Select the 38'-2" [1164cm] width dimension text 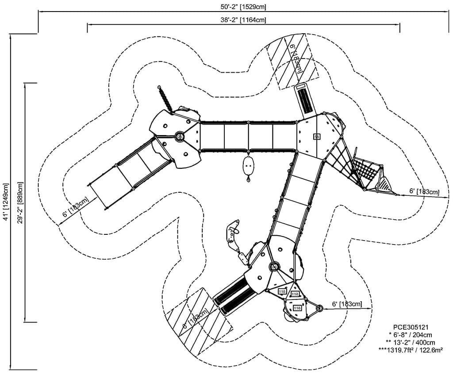[x=243, y=19]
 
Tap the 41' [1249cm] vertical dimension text [x=5, y=202]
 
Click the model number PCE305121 [x=410, y=327]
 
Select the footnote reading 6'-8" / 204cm [x=410, y=335]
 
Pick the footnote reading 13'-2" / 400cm [x=410, y=342]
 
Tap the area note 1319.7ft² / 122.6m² [x=410, y=350]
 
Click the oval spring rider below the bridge [x=249, y=167]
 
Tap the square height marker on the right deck [x=317, y=136]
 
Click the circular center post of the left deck [x=180, y=136]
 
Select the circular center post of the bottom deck [x=274, y=266]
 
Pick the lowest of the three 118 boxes [x=297, y=307]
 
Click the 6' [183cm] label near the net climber [x=424, y=191]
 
